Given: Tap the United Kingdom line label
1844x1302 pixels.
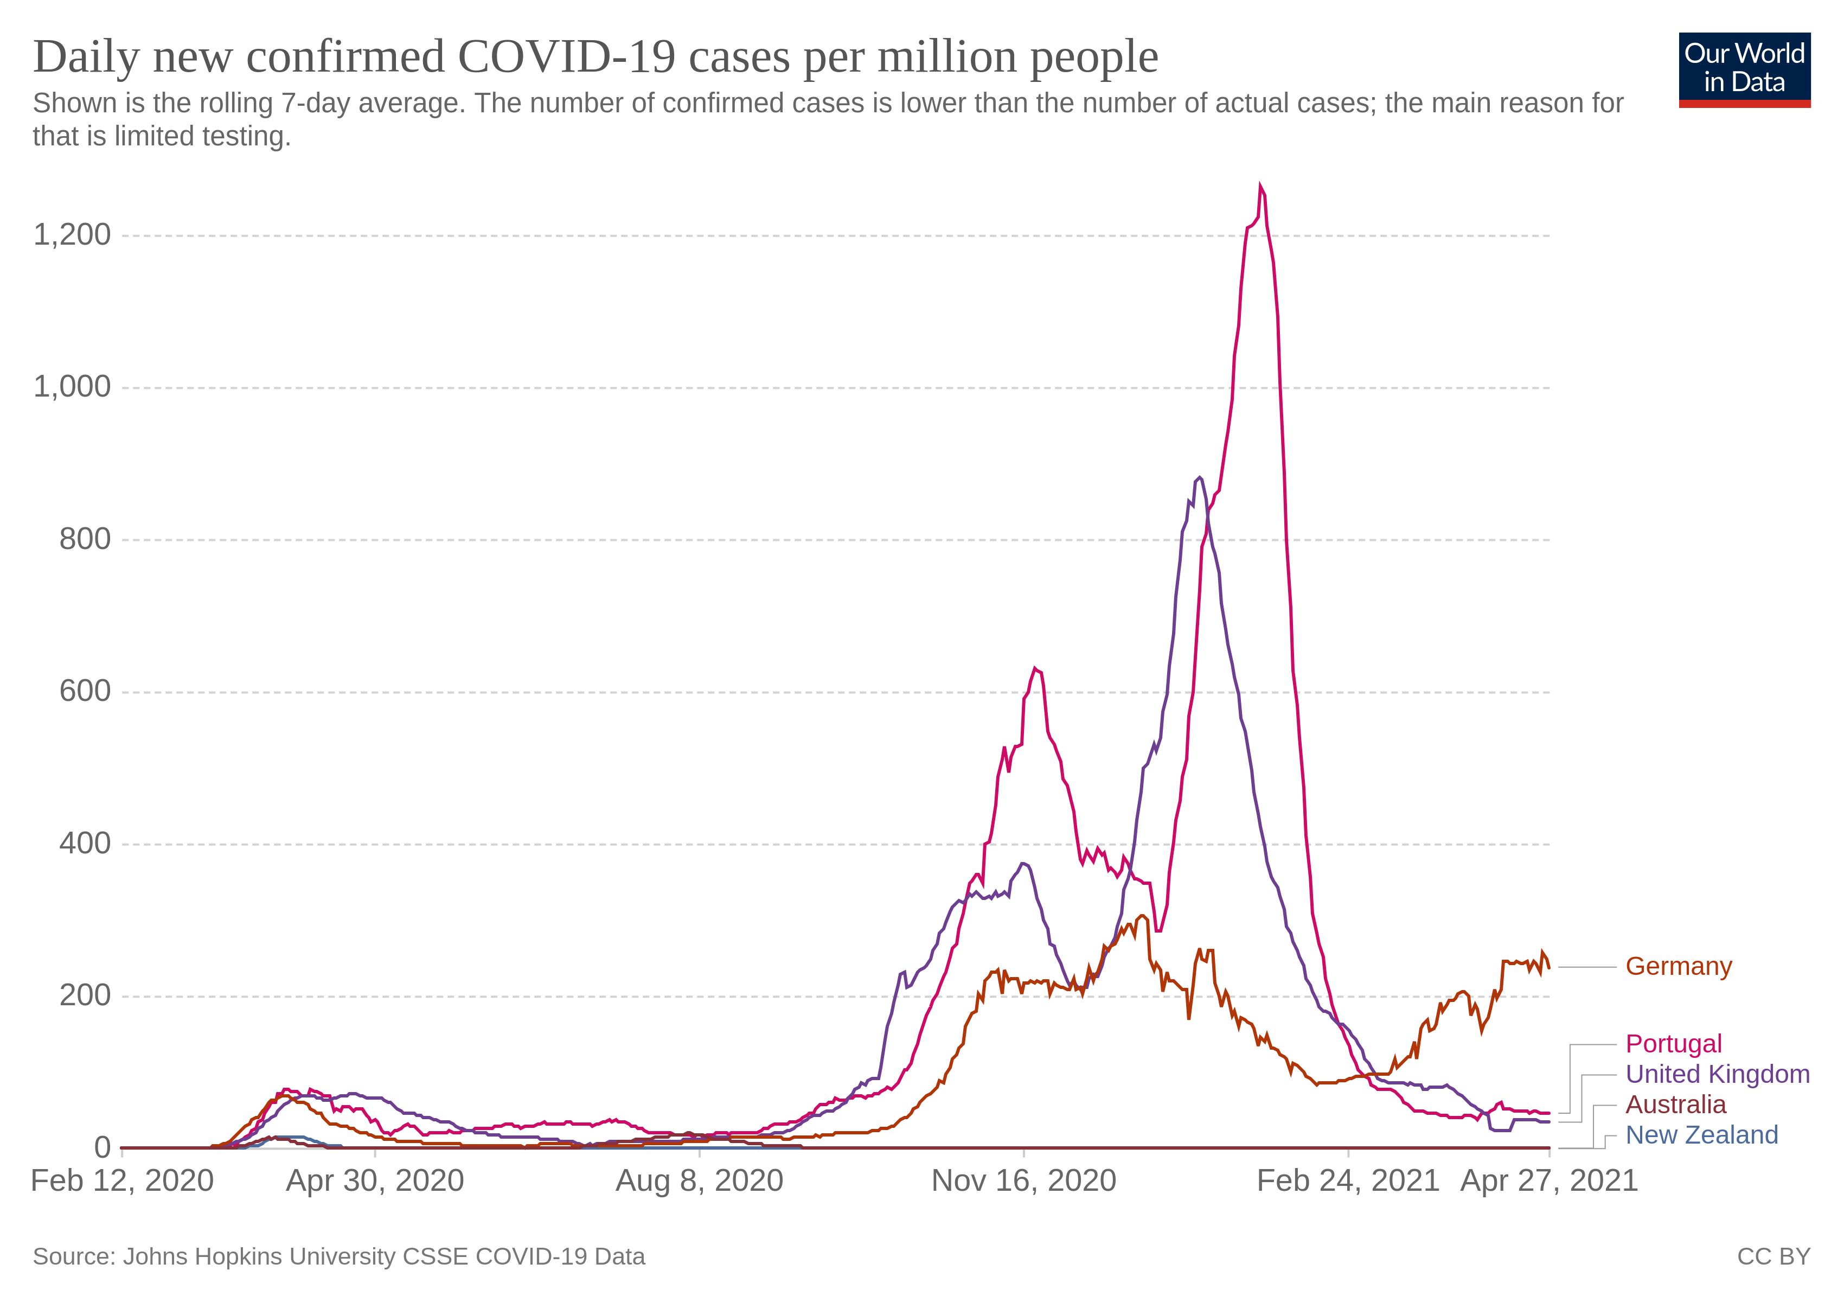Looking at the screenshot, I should click(x=1717, y=1074).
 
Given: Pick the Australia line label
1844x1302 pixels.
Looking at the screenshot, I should click(x=1675, y=1105).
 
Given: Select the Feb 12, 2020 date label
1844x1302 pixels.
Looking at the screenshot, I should click(x=122, y=1180).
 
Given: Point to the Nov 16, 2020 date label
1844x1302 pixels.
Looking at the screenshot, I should click(x=1023, y=1180).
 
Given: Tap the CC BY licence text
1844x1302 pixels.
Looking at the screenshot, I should click(x=1773, y=1256).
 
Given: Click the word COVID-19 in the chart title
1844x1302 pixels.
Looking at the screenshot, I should click(x=567, y=57).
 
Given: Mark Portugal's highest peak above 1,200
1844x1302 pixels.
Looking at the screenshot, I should click(x=1260, y=186).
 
